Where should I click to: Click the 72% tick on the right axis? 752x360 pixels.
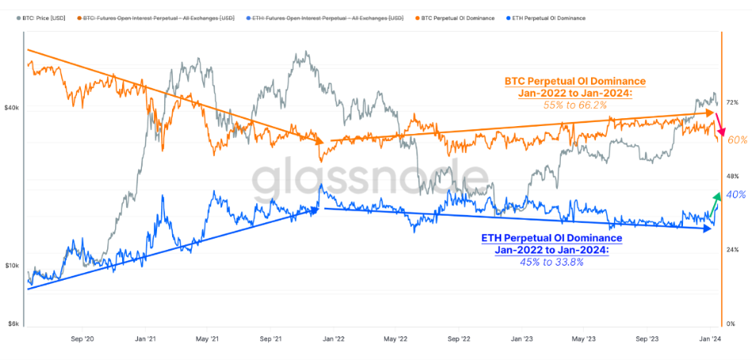[x=732, y=102]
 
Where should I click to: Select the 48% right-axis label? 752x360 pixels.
[x=732, y=176]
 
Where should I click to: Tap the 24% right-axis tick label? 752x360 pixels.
[x=732, y=250]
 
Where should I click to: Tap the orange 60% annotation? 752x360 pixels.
[x=738, y=140]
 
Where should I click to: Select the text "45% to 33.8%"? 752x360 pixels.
[x=551, y=262]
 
